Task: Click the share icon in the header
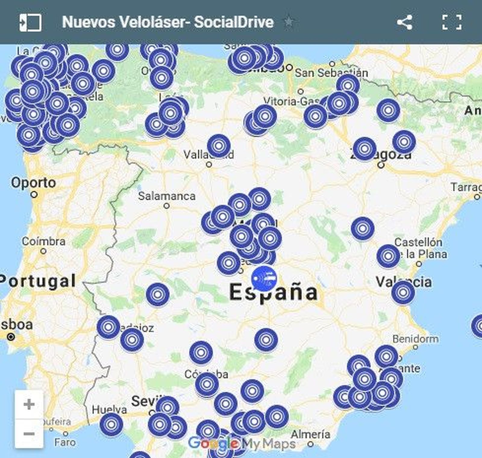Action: (405, 22)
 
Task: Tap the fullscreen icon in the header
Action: (452, 22)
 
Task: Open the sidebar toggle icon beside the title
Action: (30, 22)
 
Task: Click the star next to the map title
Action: (289, 22)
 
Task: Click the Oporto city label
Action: (33, 183)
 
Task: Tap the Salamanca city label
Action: (167, 196)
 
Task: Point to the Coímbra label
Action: (44, 241)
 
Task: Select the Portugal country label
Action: (38, 281)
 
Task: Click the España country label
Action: (274, 292)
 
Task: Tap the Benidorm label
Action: (415, 339)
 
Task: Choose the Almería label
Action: (311, 434)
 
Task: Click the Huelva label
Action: (109, 410)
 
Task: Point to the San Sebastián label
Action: (331, 73)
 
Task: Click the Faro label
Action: (65, 442)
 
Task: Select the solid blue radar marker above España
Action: (264, 279)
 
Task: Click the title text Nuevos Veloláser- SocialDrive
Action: (168, 22)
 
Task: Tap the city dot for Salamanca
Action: (167, 206)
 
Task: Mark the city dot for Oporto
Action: (34, 195)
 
